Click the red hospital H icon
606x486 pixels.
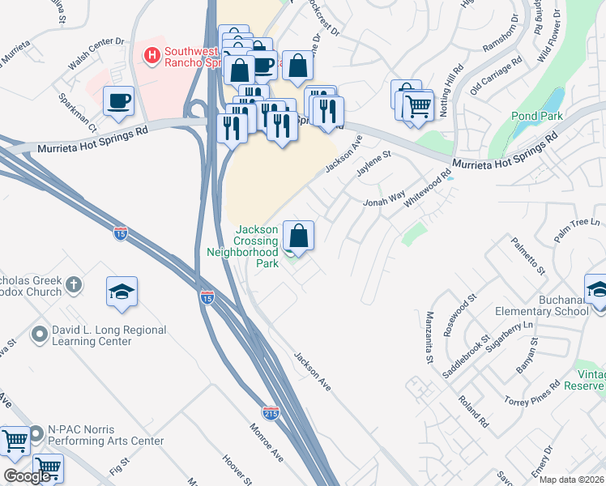click(x=150, y=55)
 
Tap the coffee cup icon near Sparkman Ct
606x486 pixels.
click(x=119, y=100)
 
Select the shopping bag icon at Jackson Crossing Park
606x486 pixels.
click(x=298, y=236)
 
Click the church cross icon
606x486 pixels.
click(x=74, y=284)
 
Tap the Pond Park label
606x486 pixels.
click(x=536, y=116)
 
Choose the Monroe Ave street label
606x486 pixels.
click(x=267, y=443)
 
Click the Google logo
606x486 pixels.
click(x=27, y=476)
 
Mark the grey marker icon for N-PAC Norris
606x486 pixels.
click(x=36, y=434)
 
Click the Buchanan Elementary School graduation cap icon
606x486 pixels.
click(x=596, y=289)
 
